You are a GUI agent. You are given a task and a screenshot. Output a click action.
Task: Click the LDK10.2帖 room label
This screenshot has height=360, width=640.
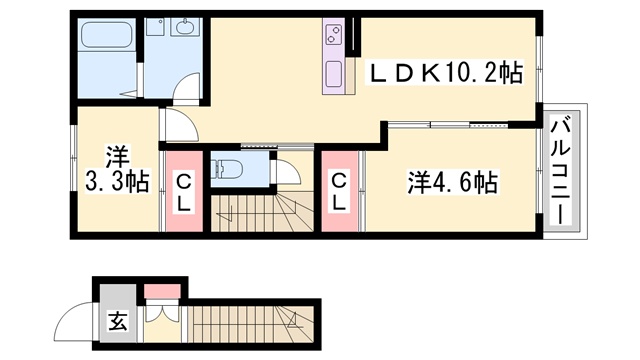point(445,73)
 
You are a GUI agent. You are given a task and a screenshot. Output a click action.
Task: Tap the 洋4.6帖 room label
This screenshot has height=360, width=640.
point(452,182)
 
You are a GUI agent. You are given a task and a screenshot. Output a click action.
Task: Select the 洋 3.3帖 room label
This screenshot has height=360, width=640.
point(117,169)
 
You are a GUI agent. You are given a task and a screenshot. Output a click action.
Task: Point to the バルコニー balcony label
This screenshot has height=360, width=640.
point(561,169)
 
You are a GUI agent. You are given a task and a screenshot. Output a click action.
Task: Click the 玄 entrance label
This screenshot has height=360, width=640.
point(118,322)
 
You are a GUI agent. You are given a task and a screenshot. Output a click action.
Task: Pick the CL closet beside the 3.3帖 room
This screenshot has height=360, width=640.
point(183,192)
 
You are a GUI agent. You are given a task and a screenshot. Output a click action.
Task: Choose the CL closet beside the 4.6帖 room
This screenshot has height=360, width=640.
point(339,192)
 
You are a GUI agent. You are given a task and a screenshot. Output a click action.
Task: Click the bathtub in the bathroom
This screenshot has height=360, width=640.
point(106,34)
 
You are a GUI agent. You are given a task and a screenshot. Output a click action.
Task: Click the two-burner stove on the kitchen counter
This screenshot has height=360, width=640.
point(333,35)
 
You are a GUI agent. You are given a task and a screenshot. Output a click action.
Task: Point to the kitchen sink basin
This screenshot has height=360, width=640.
point(333,74)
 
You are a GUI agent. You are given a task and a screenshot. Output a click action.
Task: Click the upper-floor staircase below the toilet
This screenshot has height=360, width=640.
point(262,213)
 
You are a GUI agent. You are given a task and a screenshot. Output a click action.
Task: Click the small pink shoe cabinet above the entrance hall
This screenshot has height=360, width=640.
point(162,292)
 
